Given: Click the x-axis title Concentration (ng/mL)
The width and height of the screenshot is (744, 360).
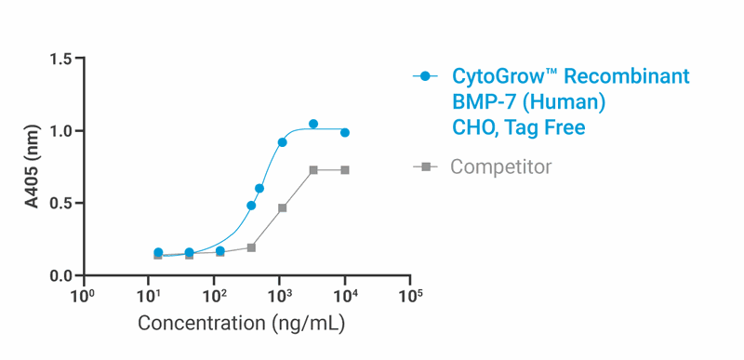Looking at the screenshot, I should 242,324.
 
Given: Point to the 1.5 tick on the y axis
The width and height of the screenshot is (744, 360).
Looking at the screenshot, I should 60,60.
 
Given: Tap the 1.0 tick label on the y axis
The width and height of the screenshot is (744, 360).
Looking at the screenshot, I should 60,131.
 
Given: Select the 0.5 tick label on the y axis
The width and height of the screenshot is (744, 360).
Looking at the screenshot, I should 60,204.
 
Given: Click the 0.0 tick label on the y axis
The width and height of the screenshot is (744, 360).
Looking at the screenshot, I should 60,275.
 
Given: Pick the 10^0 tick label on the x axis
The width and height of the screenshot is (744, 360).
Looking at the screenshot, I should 83,296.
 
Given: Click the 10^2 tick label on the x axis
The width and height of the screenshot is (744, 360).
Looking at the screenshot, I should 214,296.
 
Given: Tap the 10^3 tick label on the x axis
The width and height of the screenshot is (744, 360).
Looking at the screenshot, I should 279,296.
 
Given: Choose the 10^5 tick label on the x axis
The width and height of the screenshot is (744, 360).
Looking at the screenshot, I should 410,296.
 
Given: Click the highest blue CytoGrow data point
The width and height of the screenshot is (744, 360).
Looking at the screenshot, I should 313,124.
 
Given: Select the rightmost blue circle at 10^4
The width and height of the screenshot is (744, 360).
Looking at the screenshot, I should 345,133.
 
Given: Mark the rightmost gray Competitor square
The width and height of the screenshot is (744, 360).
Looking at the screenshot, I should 345,170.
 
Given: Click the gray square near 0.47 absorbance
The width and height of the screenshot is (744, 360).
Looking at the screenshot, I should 282,208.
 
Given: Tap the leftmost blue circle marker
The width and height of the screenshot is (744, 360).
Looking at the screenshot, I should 158,252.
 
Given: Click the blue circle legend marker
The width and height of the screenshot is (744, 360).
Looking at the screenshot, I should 426,76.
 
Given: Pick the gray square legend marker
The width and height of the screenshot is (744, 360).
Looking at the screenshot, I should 426,167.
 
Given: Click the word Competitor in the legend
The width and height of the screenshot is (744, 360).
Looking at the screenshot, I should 500,167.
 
